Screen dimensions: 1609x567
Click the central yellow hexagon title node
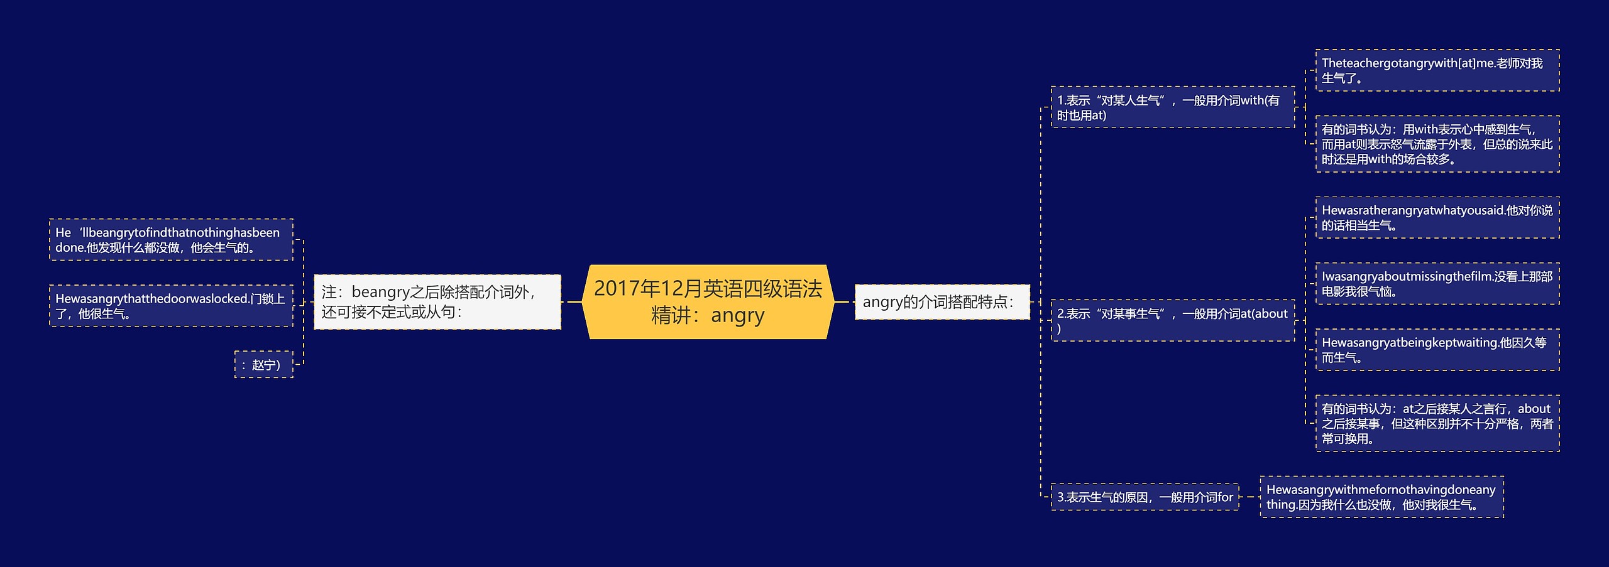(x=708, y=302)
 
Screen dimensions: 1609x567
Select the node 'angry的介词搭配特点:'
(x=942, y=302)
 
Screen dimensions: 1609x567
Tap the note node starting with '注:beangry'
(x=437, y=302)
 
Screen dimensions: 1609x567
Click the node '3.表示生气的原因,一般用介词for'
(x=1145, y=497)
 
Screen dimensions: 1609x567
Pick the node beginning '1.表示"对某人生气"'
(x=1172, y=107)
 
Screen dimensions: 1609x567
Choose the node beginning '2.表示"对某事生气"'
(x=1172, y=321)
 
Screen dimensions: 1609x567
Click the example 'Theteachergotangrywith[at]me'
(x=1437, y=70)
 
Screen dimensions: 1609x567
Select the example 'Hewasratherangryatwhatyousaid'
(x=1437, y=218)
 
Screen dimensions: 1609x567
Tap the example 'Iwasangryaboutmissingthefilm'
(x=1437, y=284)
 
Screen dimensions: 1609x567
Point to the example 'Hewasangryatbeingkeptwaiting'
(x=1437, y=350)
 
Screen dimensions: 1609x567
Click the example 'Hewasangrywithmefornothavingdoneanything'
(x=1381, y=497)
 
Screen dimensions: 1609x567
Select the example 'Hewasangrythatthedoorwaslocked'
(x=171, y=306)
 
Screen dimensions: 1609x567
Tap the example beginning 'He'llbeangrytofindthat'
(x=171, y=240)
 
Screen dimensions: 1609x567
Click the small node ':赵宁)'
(x=264, y=365)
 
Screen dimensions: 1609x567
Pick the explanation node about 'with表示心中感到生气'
(x=1437, y=144)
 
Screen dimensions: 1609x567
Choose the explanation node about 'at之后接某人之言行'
(x=1437, y=424)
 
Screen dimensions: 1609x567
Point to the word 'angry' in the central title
(x=738, y=315)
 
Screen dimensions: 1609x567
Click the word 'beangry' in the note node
(x=381, y=292)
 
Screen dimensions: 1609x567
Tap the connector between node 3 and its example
(x=1249, y=497)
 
